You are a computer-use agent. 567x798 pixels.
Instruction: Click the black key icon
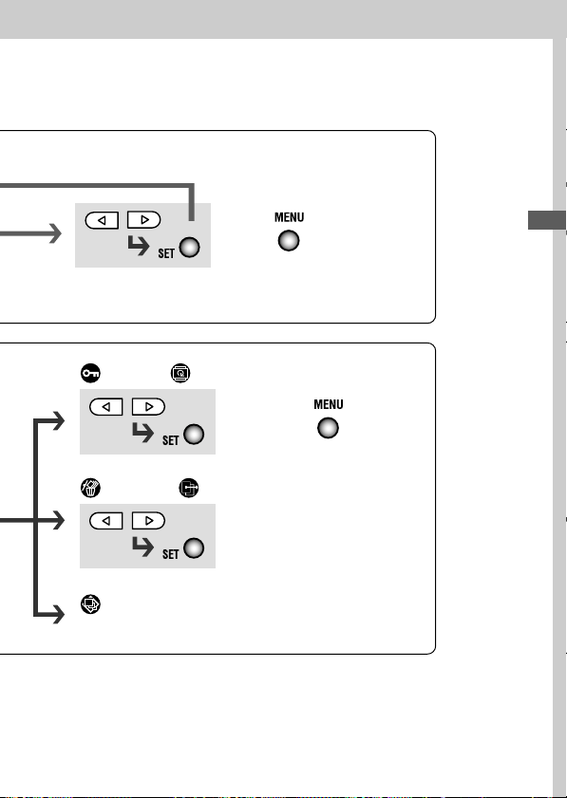[90, 373]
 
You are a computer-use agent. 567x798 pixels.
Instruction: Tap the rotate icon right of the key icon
[180, 373]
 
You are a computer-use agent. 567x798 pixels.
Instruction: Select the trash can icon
[90, 488]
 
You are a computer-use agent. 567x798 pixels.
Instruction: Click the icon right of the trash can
[188, 488]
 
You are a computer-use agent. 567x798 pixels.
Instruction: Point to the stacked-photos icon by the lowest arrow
[90, 604]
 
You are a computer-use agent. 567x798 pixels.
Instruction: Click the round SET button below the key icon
[194, 435]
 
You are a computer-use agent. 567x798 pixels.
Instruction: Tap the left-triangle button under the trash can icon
[106, 521]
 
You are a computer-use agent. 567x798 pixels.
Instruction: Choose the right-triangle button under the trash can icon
[148, 521]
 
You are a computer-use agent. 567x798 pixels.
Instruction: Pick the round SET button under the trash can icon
[194, 548]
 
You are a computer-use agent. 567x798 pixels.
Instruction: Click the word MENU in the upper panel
[289, 217]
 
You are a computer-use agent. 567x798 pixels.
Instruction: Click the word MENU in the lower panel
[329, 404]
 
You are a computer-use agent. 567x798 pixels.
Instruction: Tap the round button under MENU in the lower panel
[328, 428]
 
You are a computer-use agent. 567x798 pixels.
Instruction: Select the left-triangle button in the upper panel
[102, 220]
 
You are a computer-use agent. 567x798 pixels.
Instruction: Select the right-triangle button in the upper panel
[143, 220]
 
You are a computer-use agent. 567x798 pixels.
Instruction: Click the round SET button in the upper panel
[190, 248]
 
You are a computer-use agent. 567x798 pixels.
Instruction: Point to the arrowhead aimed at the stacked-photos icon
[59, 615]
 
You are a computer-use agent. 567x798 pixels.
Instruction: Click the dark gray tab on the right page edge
[547, 220]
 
